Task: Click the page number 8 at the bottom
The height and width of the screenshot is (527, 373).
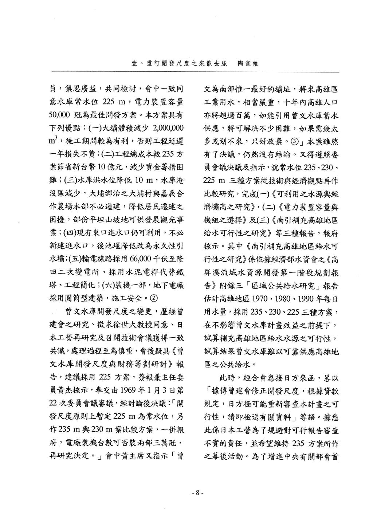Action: [x=197, y=493]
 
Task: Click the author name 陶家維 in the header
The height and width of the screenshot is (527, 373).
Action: [x=248, y=63]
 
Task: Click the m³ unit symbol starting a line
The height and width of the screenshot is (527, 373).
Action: [x=53, y=141]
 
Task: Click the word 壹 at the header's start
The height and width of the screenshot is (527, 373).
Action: [x=134, y=63]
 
